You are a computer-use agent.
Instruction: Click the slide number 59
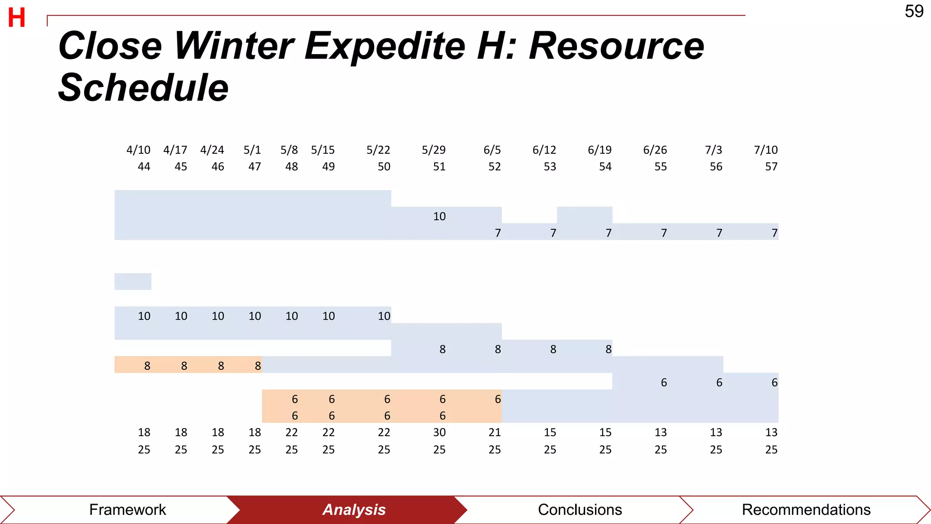click(x=914, y=11)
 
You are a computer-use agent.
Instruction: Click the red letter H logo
click(x=17, y=18)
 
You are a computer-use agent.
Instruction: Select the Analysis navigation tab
click(x=354, y=509)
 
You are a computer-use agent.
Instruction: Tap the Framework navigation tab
click(x=127, y=509)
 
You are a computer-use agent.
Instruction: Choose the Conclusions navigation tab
click(x=580, y=509)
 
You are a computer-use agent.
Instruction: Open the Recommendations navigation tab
click(x=806, y=509)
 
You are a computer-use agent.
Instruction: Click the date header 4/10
click(x=138, y=150)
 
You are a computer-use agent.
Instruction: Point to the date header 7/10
click(x=766, y=150)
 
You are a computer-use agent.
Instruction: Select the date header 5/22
click(x=378, y=150)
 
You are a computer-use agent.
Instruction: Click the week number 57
click(x=771, y=166)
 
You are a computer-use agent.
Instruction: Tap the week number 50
click(x=384, y=166)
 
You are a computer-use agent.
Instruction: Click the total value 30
click(x=439, y=432)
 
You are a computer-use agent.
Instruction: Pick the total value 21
click(x=495, y=432)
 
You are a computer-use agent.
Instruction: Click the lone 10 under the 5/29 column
click(x=439, y=216)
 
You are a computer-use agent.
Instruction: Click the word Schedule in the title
click(x=143, y=87)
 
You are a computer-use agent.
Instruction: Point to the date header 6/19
click(x=600, y=150)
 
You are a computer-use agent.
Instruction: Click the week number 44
click(x=144, y=166)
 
